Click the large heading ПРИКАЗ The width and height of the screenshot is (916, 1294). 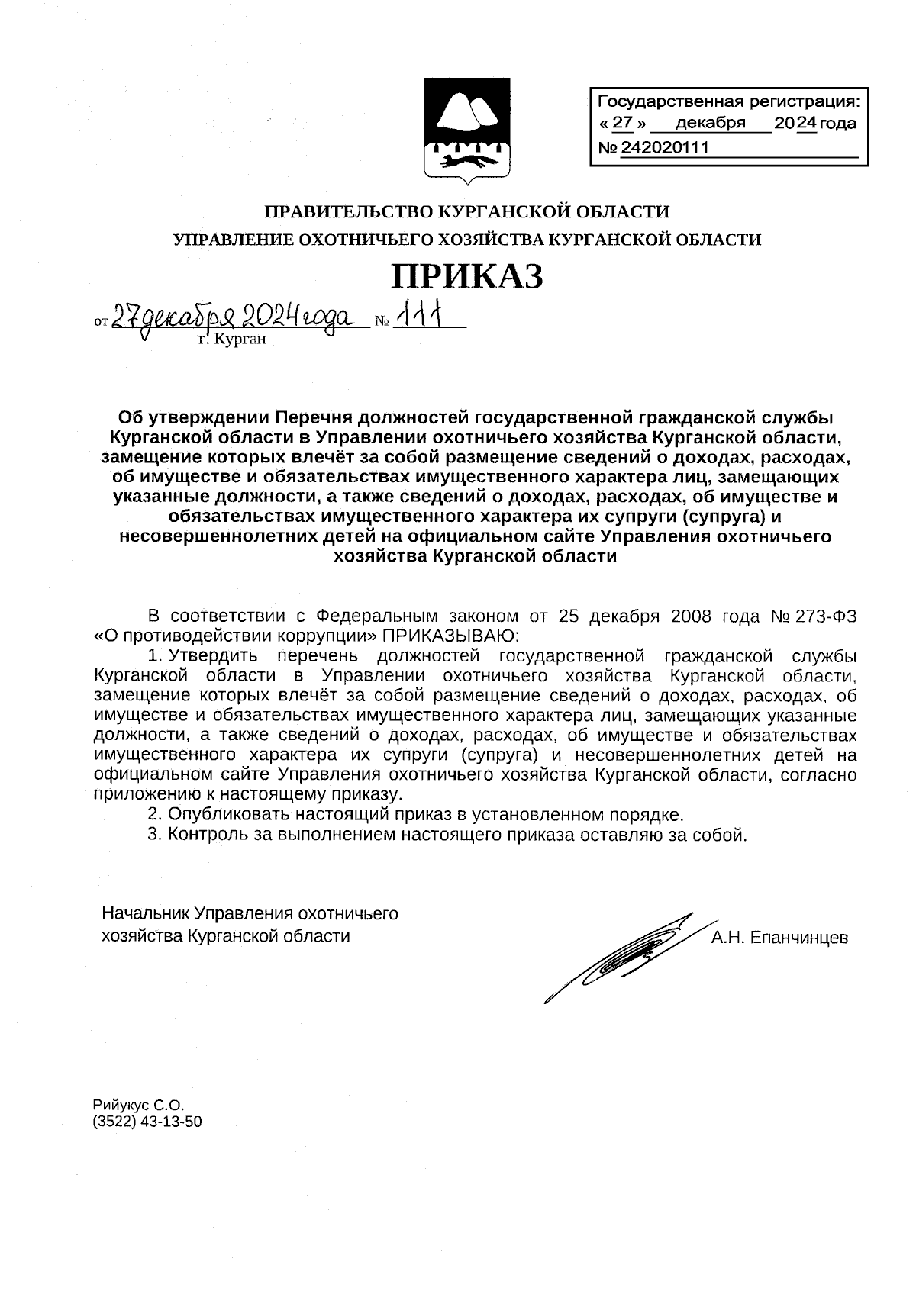click(x=466, y=276)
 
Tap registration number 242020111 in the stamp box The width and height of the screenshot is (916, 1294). click(x=665, y=147)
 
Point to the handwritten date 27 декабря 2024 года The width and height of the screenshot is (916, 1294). click(x=233, y=316)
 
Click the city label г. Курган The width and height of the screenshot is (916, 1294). click(x=232, y=340)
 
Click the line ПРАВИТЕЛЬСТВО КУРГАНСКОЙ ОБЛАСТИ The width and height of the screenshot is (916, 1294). click(x=466, y=211)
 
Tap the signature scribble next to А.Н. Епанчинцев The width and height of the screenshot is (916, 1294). click(x=618, y=954)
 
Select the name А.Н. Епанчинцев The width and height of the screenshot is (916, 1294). click(x=779, y=938)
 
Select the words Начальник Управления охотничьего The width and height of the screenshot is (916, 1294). click(x=250, y=913)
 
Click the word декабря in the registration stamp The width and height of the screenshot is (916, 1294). click(x=710, y=124)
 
